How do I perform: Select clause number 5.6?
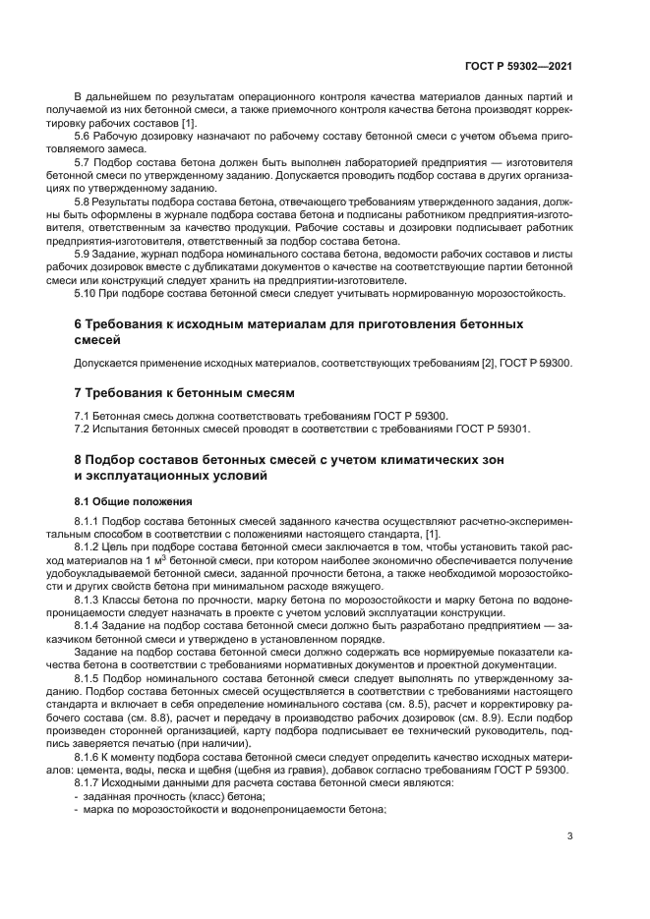coord(84,135)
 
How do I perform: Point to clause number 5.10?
coord(87,292)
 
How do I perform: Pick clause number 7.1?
coord(84,416)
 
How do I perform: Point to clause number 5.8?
coord(84,201)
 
